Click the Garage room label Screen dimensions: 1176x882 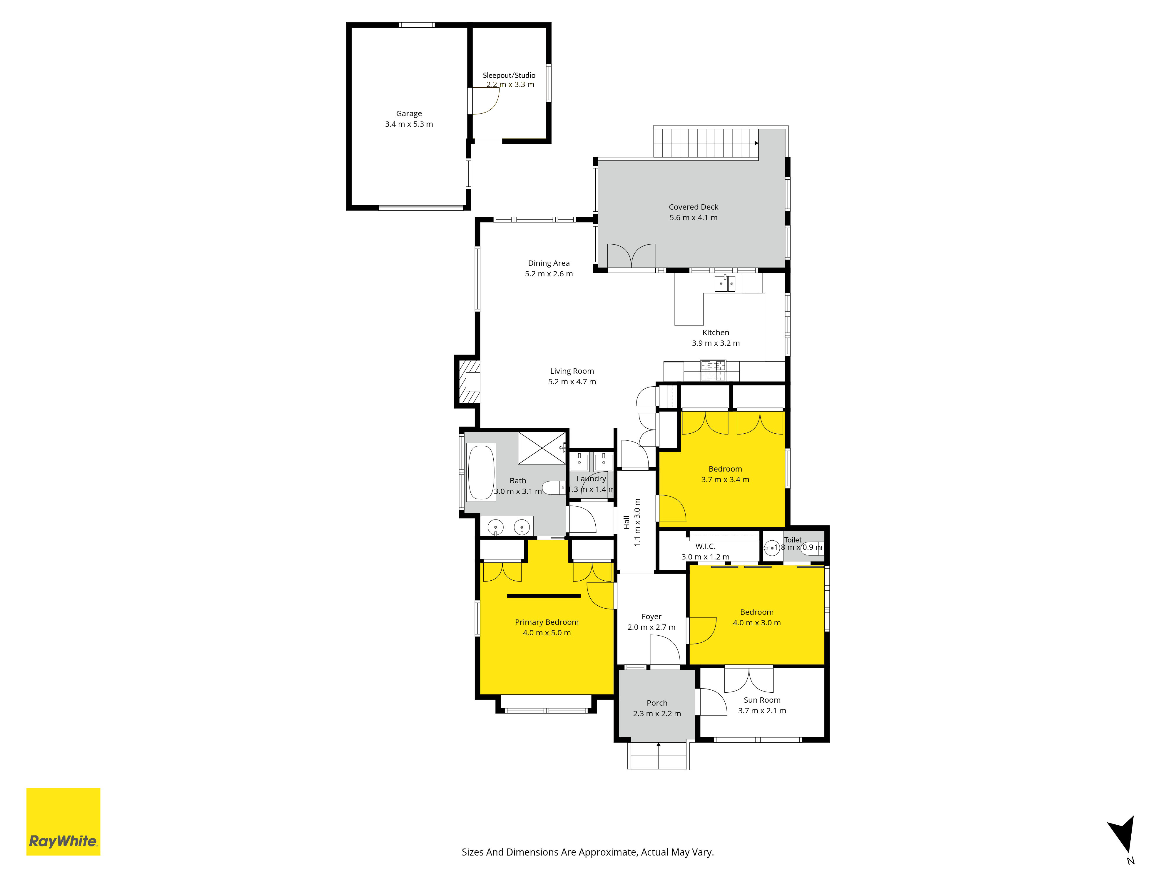coord(409,113)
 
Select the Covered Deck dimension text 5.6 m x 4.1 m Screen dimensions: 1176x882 coord(693,218)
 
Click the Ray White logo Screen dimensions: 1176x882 coord(63,821)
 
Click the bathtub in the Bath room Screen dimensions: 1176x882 coord(481,472)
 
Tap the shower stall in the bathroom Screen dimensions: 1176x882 coord(542,448)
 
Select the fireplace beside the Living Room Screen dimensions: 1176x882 coord(468,381)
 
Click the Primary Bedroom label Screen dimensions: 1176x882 coord(547,622)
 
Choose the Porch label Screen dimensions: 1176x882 coord(657,703)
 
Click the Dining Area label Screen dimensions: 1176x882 coord(549,263)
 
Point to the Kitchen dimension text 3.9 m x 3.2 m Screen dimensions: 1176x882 coord(716,343)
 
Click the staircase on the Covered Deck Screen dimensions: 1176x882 coord(706,143)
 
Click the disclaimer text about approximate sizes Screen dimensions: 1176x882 coord(587,852)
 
